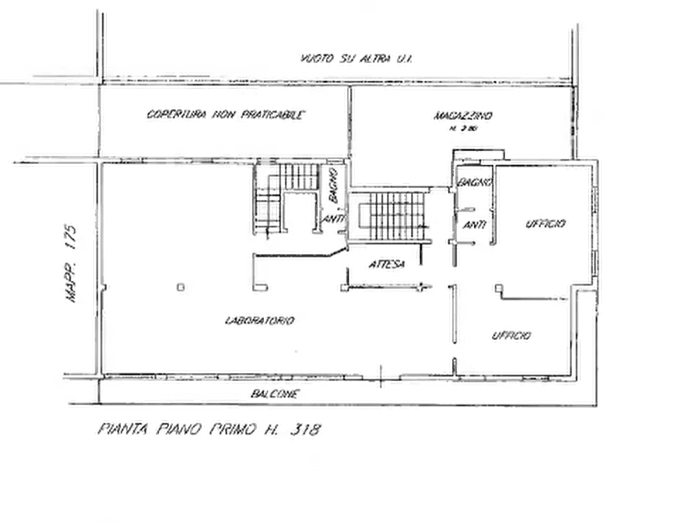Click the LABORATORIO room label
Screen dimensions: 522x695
(x=259, y=319)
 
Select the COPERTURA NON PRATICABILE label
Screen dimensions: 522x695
(x=227, y=116)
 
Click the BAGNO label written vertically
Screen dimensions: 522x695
(x=330, y=185)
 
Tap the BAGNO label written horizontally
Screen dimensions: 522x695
(x=472, y=181)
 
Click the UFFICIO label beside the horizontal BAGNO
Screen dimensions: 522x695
(x=547, y=224)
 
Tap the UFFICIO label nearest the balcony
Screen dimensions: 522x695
(x=511, y=337)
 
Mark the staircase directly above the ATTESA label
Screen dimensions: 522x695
(x=392, y=213)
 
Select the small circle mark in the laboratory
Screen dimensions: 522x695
(x=180, y=288)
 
